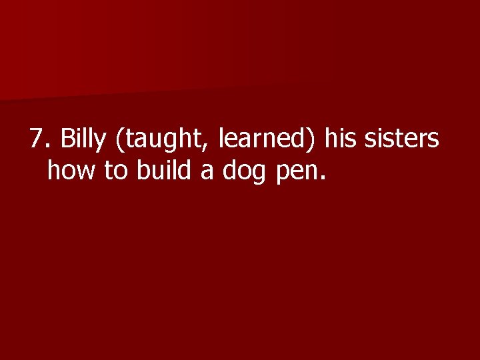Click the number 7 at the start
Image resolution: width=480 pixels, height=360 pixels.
click(36, 140)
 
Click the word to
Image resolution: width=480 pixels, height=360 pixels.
click(116, 171)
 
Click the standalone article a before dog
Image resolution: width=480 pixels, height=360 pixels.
click(207, 173)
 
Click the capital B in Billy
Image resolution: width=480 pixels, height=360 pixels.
click(67, 140)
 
